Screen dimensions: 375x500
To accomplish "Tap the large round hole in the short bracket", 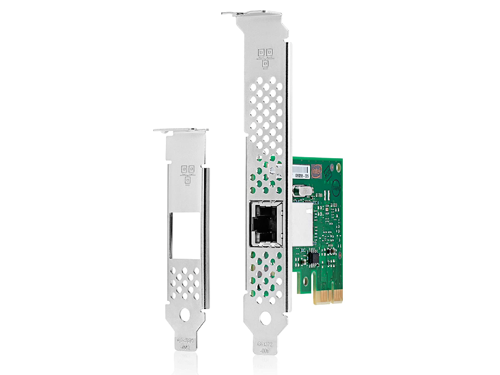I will tap(185, 315).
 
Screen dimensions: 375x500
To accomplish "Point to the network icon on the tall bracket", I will tap(264, 55).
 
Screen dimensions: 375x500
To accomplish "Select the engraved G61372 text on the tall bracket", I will tap(265, 344).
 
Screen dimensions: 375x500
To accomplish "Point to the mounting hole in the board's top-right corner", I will tap(338, 167).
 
